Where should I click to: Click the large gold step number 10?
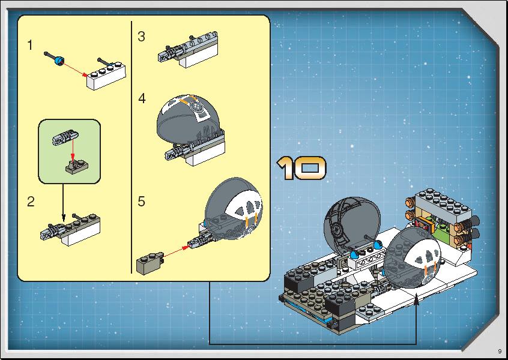pyautogui.click(x=301, y=167)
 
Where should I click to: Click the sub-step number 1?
pyautogui.click(x=30, y=46)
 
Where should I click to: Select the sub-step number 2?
pyautogui.click(x=31, y=202)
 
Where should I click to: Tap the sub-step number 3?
pyautogui.click(x=141, y=37)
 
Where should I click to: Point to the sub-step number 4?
pyautogui.click(x=142, y=98)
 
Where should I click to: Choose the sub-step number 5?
pyautogui.click(x=141, y=202)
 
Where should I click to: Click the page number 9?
pyautogui.click(x=500, y=351)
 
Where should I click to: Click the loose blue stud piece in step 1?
pyautogui.click(x=59, y=60)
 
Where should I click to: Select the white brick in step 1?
pyautogui.click(x=106, y=76)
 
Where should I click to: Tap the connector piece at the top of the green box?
pyautogui.click(x=66, y=137)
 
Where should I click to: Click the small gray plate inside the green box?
pyautogui.click(x=76, y=166)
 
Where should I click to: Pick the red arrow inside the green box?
pyautogui.click(x=73, y=149)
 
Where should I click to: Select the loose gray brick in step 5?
pyautogui.click(x=150, y=263)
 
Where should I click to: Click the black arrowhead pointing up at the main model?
pyautogui.click(x=416, y=302)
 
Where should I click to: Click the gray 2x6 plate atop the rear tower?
pyautogui.click(x=444, y=202)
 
